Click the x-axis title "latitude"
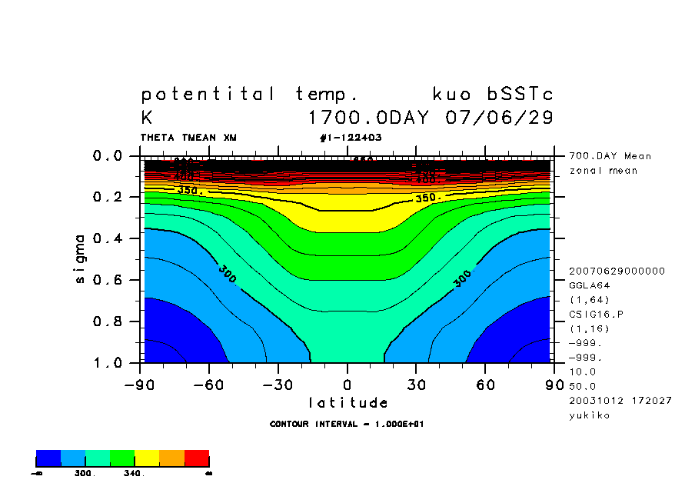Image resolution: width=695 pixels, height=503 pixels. click(x=347, y=403)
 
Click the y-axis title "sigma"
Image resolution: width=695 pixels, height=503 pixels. click(x=81, y=258)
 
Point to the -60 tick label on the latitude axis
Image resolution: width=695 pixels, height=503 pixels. click(x=209, y=384)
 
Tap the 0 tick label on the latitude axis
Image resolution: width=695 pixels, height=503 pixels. click(x=347, y=384)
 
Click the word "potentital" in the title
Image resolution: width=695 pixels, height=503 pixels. click(x=208, y=95)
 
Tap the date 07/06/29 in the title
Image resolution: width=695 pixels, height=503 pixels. click(x=500, y=118)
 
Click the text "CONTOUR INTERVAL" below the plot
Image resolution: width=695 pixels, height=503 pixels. click(x=313, y=424)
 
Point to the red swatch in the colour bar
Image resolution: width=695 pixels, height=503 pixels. click(x=197, y=458)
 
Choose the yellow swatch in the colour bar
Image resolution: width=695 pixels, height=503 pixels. click(x=147, y=458)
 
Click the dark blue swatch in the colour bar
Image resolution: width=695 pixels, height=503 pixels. click(x=48, y=458)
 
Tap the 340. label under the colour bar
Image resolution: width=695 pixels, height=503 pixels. click(x=134, y=474)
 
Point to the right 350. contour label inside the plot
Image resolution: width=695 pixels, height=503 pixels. click(x=428, y=198)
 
